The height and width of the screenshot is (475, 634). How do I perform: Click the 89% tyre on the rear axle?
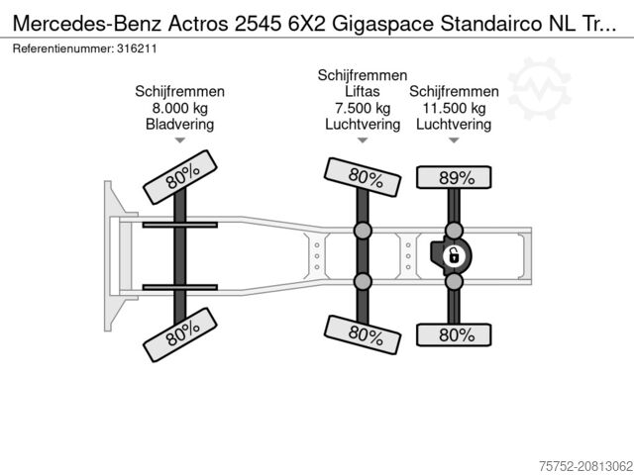pos(454,177)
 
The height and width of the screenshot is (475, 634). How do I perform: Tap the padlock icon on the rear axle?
pos(454,256)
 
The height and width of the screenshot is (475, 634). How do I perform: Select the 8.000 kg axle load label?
pos(180,108)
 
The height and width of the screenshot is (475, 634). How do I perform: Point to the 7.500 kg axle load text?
pos(363,108)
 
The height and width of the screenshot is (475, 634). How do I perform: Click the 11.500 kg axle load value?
pos(454,108)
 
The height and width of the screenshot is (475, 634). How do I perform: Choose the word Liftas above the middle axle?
pos(363,91)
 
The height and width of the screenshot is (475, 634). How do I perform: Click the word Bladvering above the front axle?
pos(180,124)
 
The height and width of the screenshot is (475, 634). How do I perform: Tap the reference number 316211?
pos(137,48)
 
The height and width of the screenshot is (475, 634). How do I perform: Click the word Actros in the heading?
pos(198,24)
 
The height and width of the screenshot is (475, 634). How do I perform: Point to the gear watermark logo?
pos(539,88)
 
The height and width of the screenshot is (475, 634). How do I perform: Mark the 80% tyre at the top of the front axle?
pos(180,177)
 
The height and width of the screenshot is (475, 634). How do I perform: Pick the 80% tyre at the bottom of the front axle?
pos(180,334)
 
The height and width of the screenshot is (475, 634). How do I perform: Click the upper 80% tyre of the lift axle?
pos(363,177)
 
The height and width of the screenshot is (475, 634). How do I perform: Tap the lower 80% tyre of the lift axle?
pos(363,334)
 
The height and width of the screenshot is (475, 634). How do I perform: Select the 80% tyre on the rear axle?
pos(454,334)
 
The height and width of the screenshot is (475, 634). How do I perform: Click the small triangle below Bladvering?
pos(180,141)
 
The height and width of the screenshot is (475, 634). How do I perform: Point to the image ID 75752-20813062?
pos(585,466)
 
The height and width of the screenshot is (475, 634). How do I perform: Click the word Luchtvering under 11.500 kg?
pos(454,124)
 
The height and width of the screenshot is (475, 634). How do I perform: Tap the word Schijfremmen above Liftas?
pos(363,75)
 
